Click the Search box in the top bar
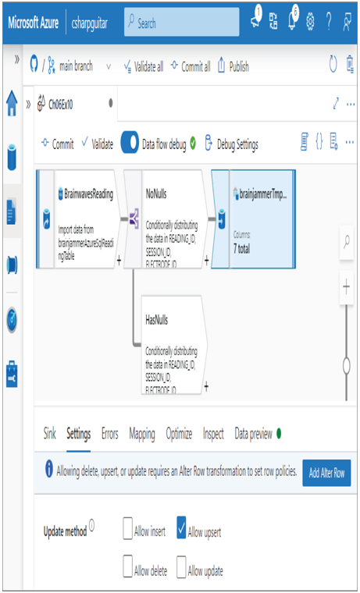click(x=182, y=23)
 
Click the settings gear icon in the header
click(x=310, y=23)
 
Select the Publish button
click(x=233, y=66)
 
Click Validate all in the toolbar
click(x=144, y=66)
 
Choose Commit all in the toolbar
click(x=191, y=66)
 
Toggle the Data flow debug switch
click(x=130, y=144)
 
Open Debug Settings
click(x=231, y=144)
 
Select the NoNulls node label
click(x=156, y=194)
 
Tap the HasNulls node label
click(x=157, y=320)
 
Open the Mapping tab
click(x=142, y=433)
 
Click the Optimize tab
click(x=179, y=434)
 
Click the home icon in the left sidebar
click(x=12, y=103)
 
